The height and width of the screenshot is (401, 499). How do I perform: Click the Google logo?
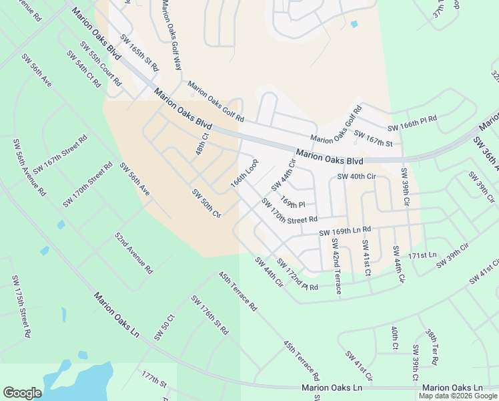23,393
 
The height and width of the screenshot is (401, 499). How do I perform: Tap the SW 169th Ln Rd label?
344,231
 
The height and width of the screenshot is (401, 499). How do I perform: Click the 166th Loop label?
244,174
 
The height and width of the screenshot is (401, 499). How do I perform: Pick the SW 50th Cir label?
206,203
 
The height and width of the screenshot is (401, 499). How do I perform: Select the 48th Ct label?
202,144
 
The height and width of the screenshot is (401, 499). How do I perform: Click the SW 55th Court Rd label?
100,64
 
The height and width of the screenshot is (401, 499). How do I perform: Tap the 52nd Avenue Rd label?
133,253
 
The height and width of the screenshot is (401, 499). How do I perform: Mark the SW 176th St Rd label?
209,314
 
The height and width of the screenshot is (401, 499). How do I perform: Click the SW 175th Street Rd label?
21,307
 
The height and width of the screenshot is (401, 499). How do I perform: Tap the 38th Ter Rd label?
432,346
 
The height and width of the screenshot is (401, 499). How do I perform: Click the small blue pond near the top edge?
354,25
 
